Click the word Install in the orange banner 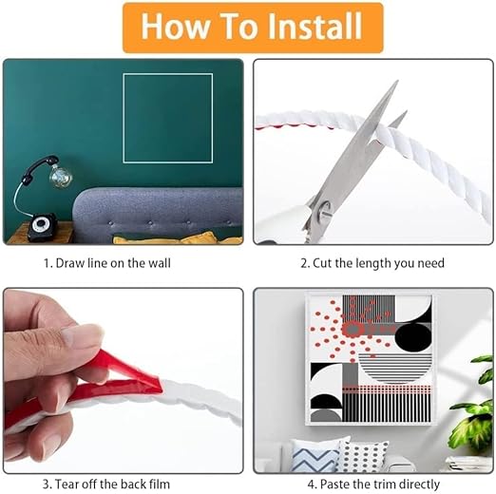tap(315, 26)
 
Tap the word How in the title tap(175, 26)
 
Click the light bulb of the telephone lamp tap(61, 175)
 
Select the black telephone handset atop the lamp tap(37, 170)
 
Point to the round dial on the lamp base tap(40, 224)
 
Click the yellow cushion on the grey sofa tap(178, 238)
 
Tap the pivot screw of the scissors tap(325, 209)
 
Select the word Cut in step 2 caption tap(322, 263)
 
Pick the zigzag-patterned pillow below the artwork tap(312, 455)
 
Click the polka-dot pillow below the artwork tap(363, 456)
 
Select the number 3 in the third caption tap(46, 484)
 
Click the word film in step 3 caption tap(160, 484)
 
